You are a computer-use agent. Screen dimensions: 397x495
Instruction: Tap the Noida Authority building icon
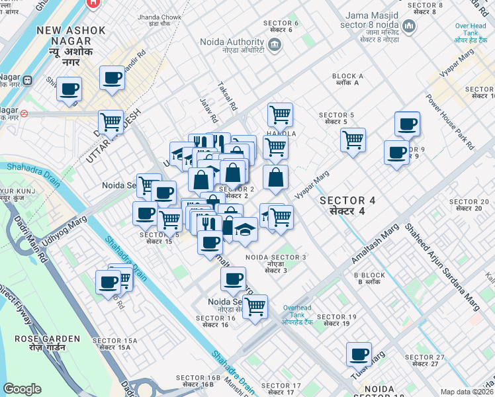(x=274, y=45)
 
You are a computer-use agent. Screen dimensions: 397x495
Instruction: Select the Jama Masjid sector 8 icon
(x=408, y=27)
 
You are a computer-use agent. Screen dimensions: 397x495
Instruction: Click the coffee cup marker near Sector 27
(x=359, y=354)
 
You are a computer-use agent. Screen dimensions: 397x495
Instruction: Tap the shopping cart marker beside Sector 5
(x=353, y=140)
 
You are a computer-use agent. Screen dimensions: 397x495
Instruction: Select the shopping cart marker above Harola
(x=280, y=114)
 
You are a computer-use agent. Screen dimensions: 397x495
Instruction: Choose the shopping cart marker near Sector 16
(x=255, y=307)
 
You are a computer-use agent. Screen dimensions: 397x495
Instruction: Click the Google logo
(x=22, y=389)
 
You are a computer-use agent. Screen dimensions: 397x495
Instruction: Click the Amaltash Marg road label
(x=377, y=243)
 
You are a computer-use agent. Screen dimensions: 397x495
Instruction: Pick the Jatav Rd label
(x=208, y=110)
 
